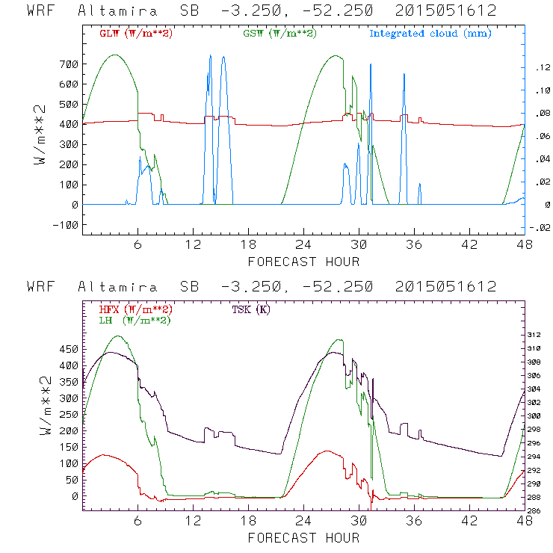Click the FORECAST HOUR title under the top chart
(x=303, y=262)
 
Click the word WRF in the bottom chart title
(x=40, y=287)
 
